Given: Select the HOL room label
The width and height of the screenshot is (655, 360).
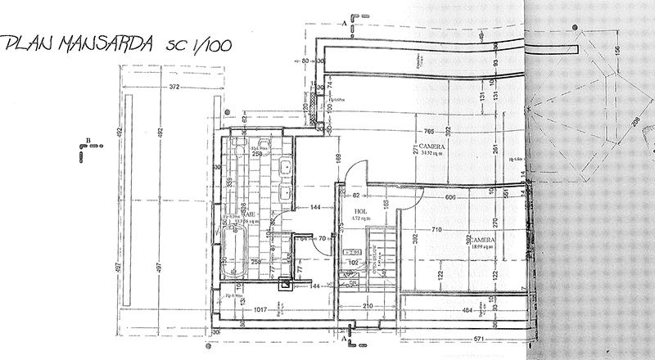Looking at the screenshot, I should point(360,211).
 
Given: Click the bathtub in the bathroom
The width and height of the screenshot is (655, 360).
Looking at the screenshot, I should point(238,253).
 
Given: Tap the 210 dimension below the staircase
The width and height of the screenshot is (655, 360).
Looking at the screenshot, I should point(368,306).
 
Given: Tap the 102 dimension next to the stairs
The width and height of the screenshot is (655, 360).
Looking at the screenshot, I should point(354,263).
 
